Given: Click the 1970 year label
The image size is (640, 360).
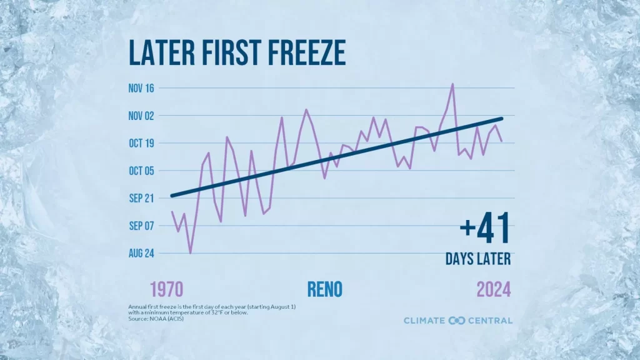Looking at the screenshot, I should [x=166, y=289].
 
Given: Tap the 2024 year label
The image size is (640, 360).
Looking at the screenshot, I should [x=494, y=289].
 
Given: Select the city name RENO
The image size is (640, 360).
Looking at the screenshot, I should [x=325, y=289].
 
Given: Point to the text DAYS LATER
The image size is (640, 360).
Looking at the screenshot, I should [x=478, y=259].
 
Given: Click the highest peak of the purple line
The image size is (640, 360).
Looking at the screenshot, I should [x=452, y=84].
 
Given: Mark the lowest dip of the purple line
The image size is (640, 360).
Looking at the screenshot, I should [x=190, y=253].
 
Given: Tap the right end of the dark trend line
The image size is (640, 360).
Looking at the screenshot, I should [x=501, y=118].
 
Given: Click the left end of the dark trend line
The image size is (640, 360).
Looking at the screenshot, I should [x=172, y=196].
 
